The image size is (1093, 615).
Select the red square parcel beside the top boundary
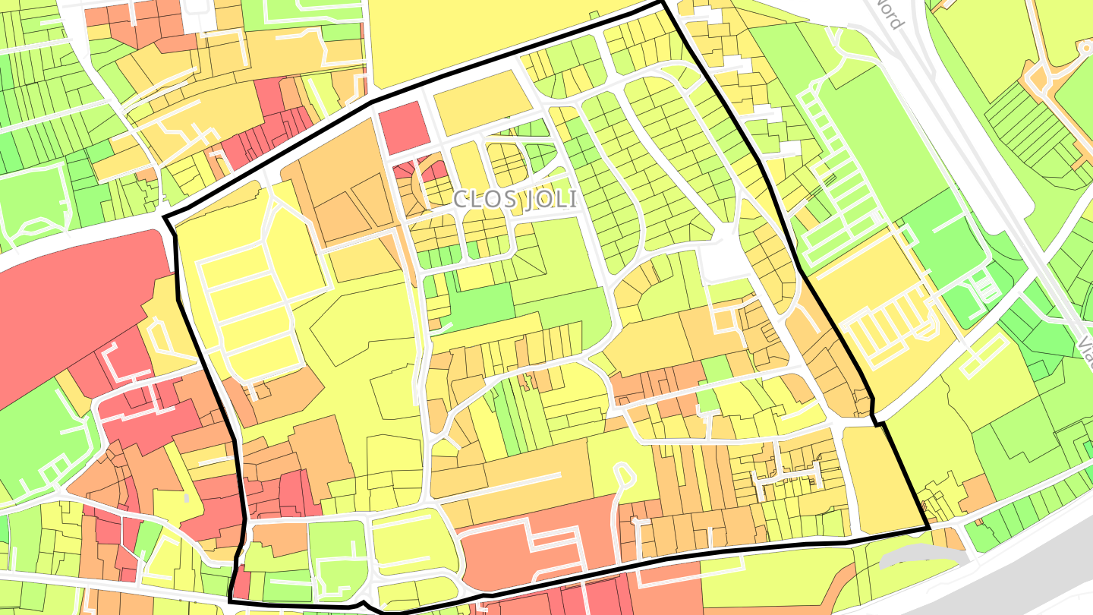402,127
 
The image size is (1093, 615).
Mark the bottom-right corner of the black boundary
929,528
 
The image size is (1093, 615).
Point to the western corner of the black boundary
166,219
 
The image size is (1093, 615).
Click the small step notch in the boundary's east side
876,421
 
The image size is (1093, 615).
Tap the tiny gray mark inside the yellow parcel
187,498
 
